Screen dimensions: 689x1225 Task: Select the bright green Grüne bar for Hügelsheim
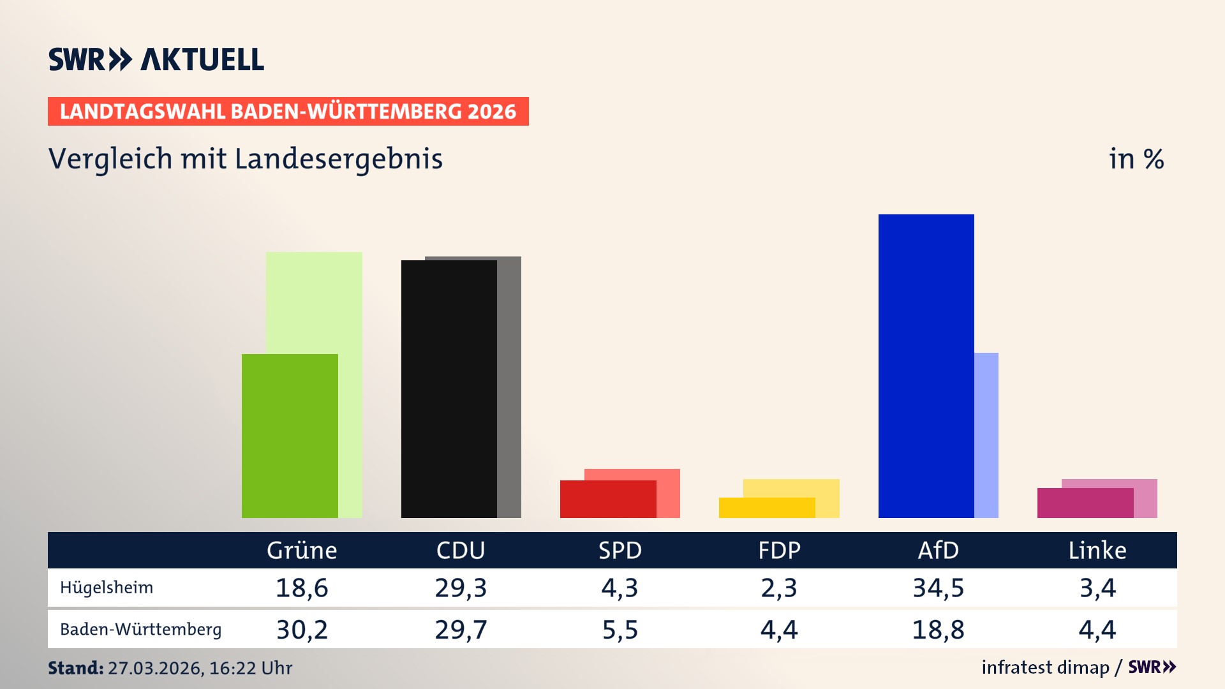[290, 436]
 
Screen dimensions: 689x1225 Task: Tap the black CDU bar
[449, 389]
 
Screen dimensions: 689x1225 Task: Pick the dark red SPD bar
[607, 499]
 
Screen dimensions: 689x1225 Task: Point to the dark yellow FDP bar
[766, 508]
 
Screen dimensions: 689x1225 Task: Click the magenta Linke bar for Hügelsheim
[1085, 503]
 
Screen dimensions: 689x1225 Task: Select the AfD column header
[938, 550]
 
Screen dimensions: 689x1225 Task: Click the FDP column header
[779, 550]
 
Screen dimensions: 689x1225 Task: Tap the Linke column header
[1097, 550]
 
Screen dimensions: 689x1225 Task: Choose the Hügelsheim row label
[107, 588]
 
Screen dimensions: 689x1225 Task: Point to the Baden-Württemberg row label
[140, 630]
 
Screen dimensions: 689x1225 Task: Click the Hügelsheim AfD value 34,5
[938, 588]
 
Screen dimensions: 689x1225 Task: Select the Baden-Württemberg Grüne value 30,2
[302, 630]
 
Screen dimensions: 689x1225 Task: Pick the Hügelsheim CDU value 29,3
[461, 588]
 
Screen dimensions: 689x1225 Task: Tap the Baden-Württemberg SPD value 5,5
[620, 630]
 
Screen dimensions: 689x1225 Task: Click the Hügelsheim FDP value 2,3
[779, 588]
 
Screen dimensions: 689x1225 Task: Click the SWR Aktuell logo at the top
[156, 59]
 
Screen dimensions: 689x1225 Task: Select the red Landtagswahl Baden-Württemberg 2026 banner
[288, 111]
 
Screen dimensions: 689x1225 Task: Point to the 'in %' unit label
[1136, 159]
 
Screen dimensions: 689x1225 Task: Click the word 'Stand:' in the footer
[75, 668]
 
